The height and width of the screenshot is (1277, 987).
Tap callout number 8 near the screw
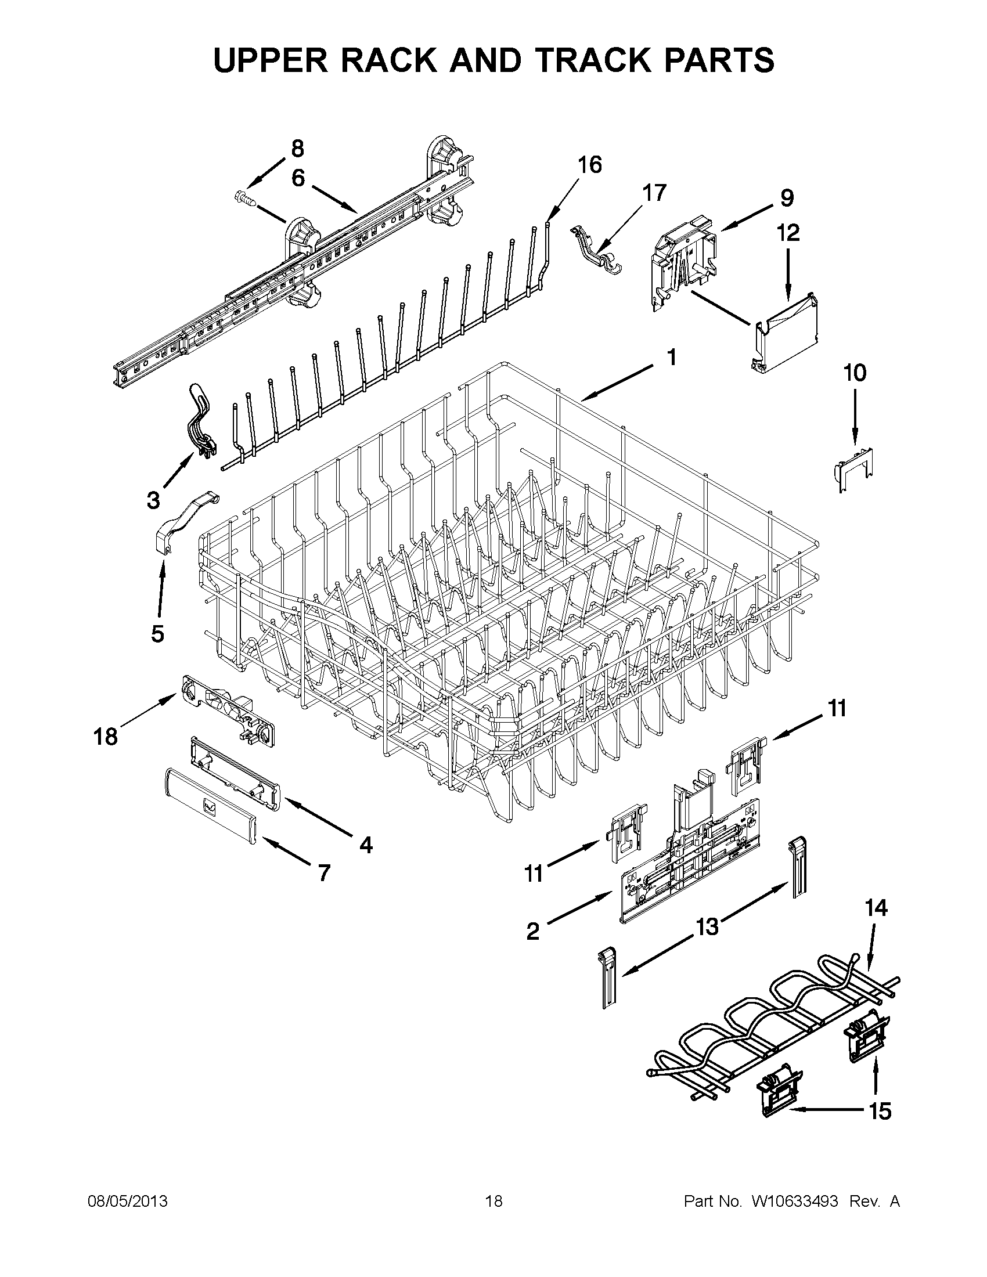tap(298, 149)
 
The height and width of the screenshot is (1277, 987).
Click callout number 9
tap(787, 198)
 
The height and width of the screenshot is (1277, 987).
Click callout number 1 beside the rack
tap(672, 357)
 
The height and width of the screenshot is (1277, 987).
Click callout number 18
tap(106, 736)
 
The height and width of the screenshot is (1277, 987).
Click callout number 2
tap(532, 931)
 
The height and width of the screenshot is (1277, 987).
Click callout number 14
tap(876, 908)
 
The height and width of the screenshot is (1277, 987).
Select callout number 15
tap(880, 1112)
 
